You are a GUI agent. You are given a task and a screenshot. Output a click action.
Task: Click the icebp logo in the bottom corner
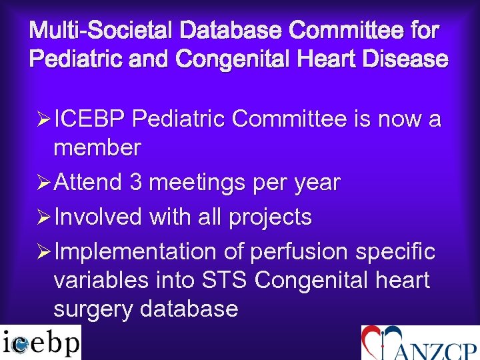(41, 343)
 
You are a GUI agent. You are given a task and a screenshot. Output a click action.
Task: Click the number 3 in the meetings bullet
(135, 182)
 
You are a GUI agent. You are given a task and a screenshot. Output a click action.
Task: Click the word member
(97, 147)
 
